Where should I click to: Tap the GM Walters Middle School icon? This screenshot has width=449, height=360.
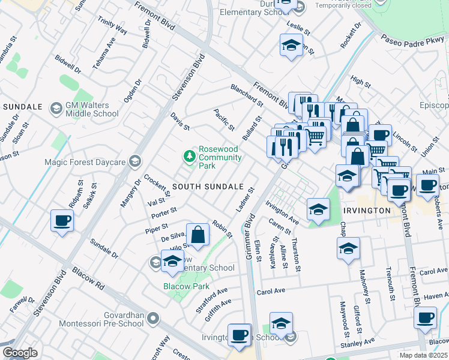point(56,108)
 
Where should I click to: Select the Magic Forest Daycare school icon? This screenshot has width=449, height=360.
point(136,161)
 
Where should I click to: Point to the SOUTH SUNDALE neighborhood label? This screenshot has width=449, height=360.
point(208,187)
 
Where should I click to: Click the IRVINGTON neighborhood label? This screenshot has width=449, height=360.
point(367,211)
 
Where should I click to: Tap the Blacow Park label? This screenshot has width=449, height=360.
point(186,287)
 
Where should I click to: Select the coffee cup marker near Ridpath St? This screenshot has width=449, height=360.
point(62,221)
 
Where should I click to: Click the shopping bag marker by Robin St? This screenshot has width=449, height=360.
point(197,235)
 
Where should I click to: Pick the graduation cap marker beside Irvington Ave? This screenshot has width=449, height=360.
point(318,209)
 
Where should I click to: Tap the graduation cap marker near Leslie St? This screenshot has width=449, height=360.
point(291,45)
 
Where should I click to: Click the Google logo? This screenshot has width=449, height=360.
point(20,353)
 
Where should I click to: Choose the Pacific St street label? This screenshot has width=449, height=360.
point(224,120)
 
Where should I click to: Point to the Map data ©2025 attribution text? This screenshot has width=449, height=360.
point(424,355)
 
